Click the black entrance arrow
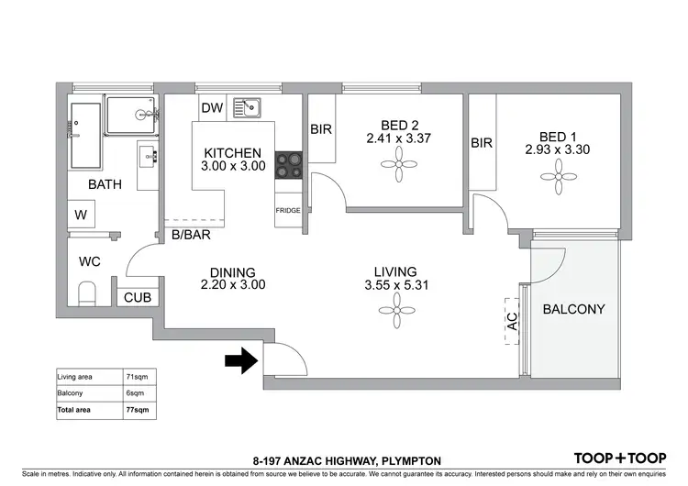240,362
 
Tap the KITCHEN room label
233,152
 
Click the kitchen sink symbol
246,108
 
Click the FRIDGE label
288,210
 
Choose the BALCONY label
574,309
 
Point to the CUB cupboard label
138,297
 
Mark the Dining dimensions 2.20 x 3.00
233,285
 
